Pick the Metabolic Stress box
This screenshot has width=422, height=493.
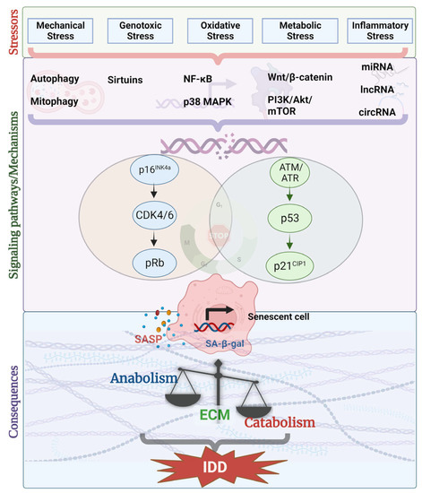(293, 32)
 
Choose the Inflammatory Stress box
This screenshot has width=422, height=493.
(372, 32)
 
